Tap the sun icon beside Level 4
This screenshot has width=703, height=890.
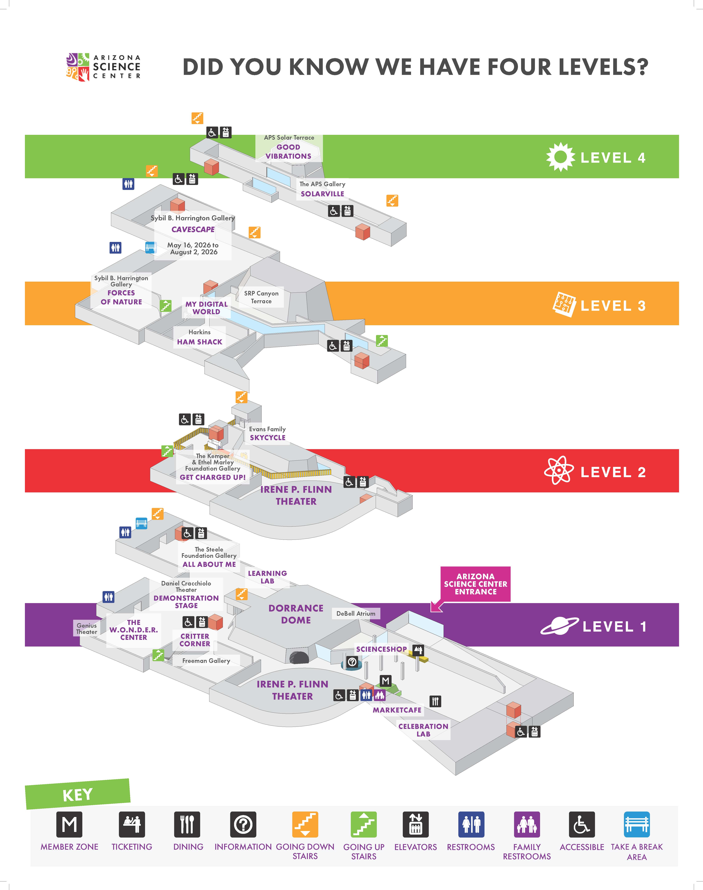coord(560,157)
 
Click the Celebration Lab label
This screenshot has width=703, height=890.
coord(423,730)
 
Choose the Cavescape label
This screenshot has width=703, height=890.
coord(193,229)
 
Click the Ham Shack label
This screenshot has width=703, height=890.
coord(200,342)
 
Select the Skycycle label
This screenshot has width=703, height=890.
coord(268,438)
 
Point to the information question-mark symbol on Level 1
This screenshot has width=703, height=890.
coord(352,661)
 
